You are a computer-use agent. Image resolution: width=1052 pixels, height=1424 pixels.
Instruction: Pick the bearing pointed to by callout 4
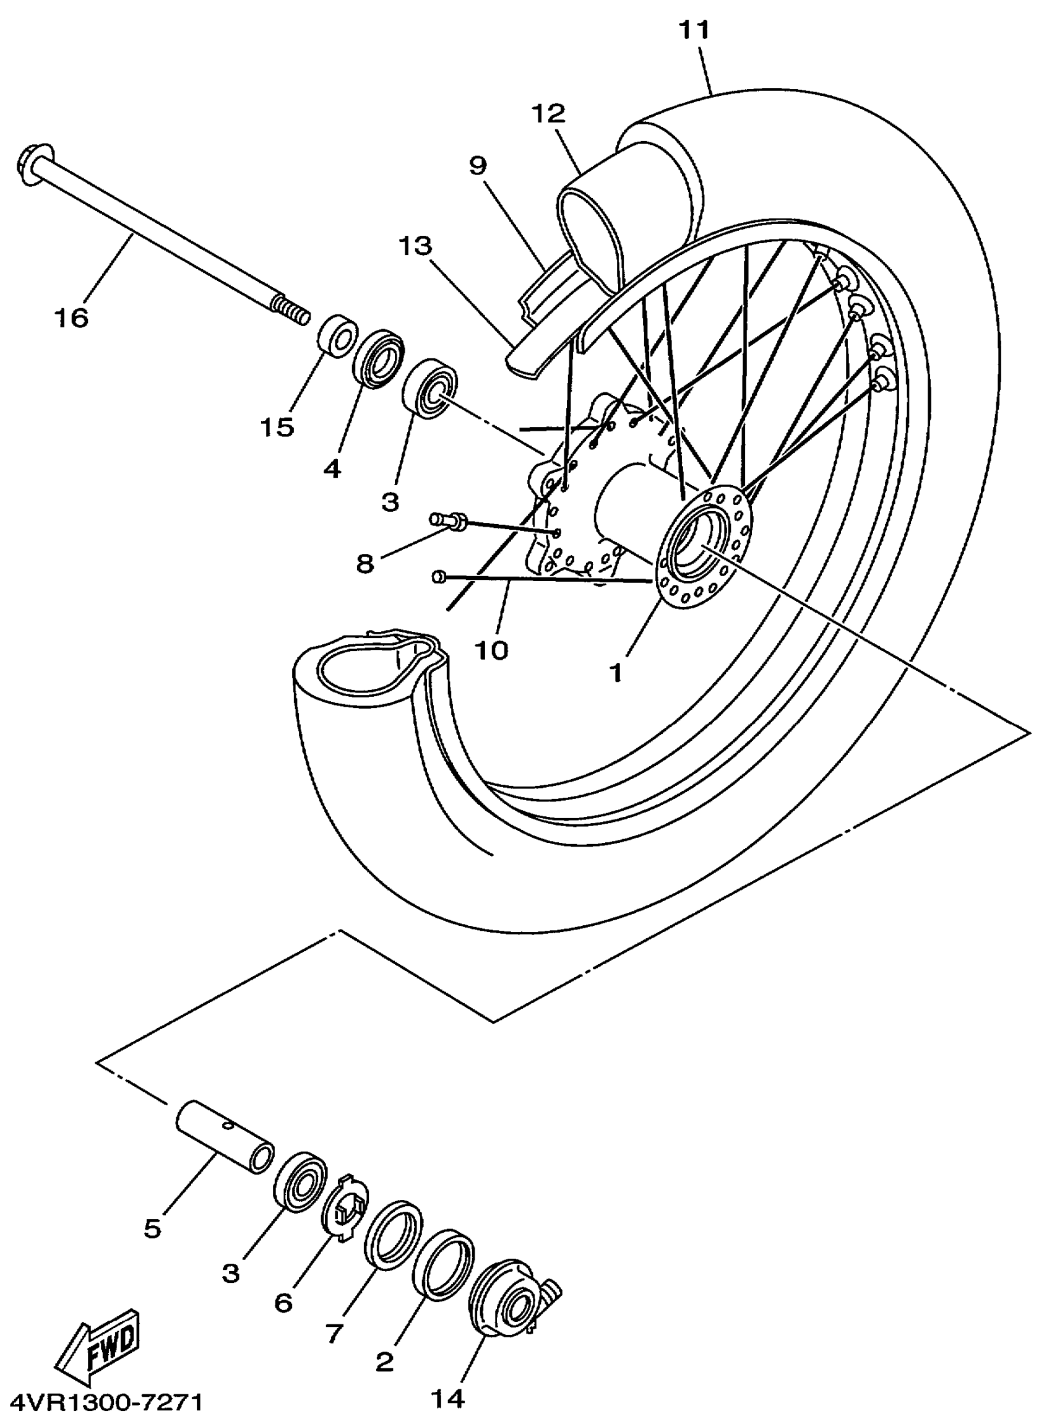[379, 357]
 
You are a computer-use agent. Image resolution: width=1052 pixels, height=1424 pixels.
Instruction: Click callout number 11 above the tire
[694, 29]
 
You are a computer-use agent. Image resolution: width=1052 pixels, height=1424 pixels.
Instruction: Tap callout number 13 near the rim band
[415, 245]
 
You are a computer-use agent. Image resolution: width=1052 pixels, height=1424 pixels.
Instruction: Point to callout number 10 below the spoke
[491, 650]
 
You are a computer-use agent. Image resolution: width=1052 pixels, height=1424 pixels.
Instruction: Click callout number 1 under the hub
[616, 673]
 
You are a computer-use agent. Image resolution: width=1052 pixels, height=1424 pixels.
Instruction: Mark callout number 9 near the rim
[478, 166]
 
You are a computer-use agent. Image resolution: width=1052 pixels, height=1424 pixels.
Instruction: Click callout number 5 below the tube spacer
[152, 1229]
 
